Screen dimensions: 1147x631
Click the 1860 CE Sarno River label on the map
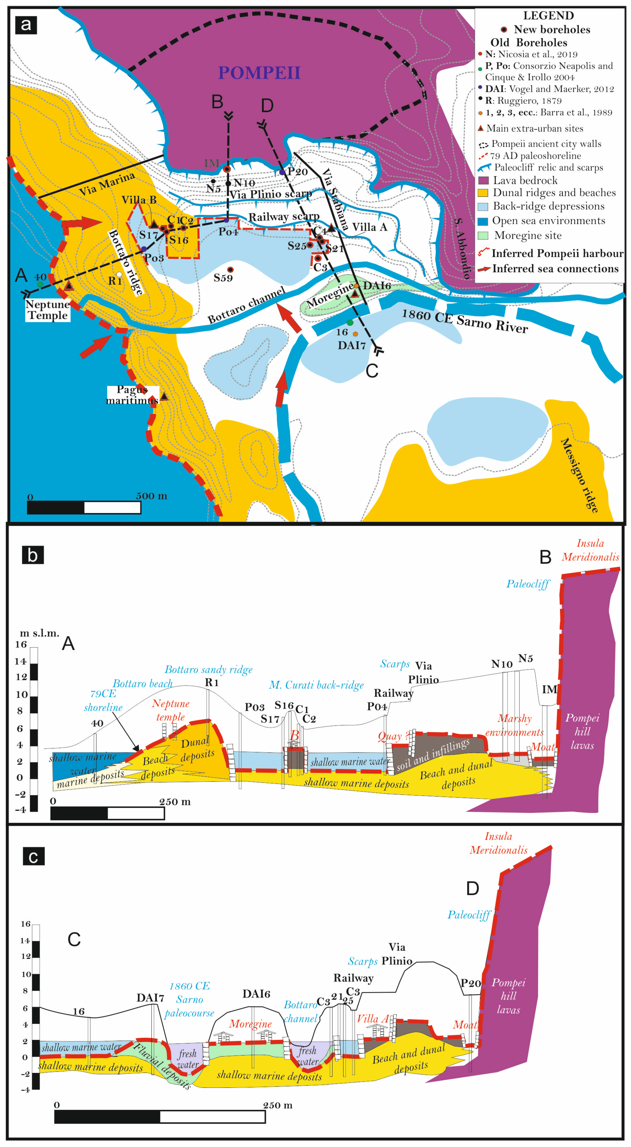[x=465, y=321]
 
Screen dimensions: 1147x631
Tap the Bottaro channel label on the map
[x=246, y=305]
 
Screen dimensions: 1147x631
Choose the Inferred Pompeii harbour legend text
[x=557, y=253]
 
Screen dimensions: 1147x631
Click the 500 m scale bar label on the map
[x=152, y=496]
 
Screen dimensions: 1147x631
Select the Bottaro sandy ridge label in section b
[x=208, y=669]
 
